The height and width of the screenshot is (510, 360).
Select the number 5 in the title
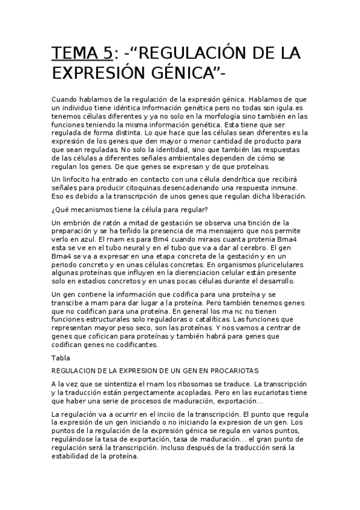point(106,54)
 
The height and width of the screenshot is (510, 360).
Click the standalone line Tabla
point(61,357)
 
